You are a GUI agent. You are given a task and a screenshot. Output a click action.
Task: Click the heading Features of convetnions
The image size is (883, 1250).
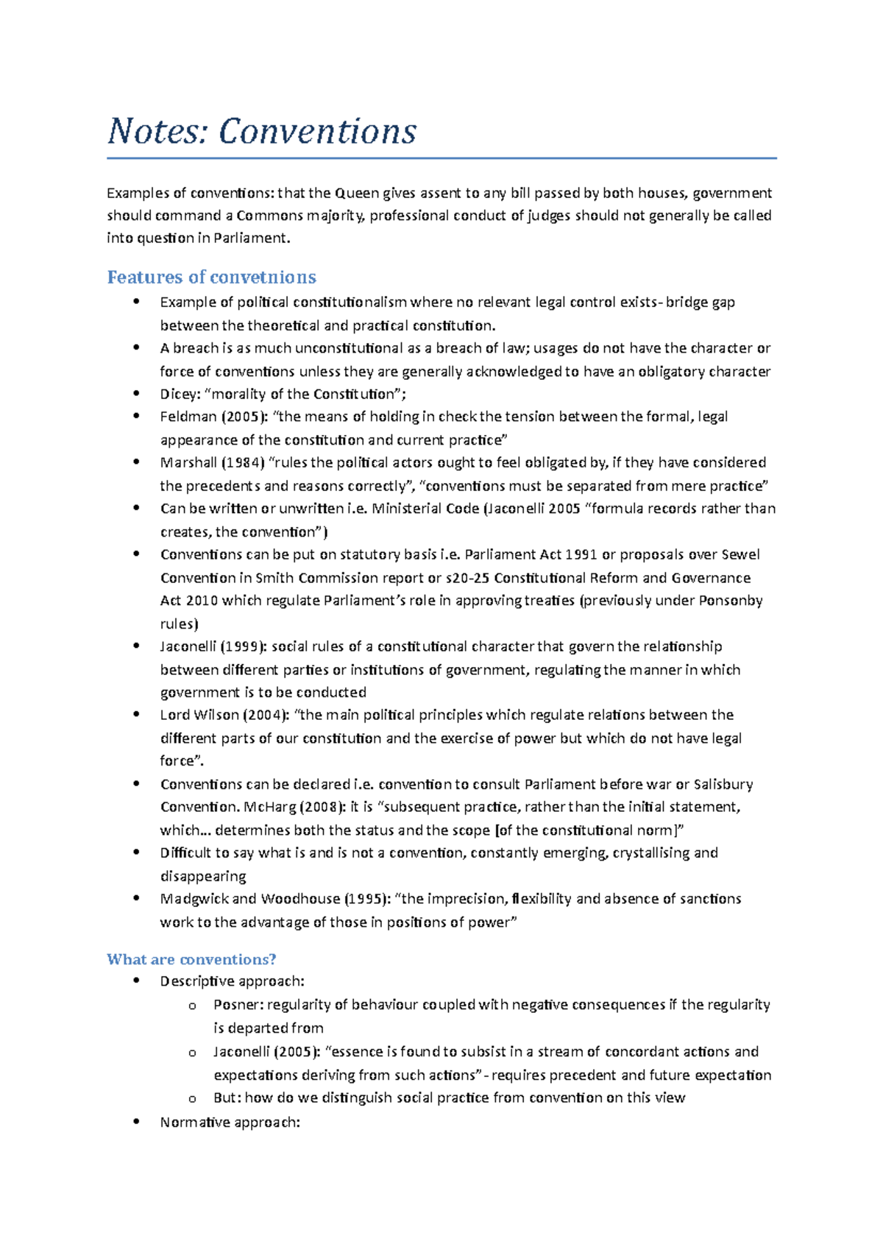pyautogui.click(x=211, y=278)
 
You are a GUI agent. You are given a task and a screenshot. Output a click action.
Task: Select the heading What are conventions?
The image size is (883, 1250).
pyautogui.click(x=191, y=959)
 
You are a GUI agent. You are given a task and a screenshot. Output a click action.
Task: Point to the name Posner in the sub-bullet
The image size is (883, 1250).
pyautogui.click(x=238, y=1005)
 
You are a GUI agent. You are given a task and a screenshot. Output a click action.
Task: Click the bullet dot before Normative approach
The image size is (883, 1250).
pyautogui.click(x=136, y=1121)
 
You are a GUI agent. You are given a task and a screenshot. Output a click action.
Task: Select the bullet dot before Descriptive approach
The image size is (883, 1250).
pyautogui.click(x=136, y=981)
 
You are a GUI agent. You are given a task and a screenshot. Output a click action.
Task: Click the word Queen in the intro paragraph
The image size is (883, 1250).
pyautogui.click(x=356, y=194)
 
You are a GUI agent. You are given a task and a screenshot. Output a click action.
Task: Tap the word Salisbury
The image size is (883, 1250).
pyautogui.click(x=723, y=784)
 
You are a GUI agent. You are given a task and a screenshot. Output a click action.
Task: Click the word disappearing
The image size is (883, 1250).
pyautogui.click(x=203, y=876)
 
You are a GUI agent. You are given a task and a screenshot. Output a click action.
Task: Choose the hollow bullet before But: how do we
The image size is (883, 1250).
pyautogui.click(x=192, y=1099)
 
